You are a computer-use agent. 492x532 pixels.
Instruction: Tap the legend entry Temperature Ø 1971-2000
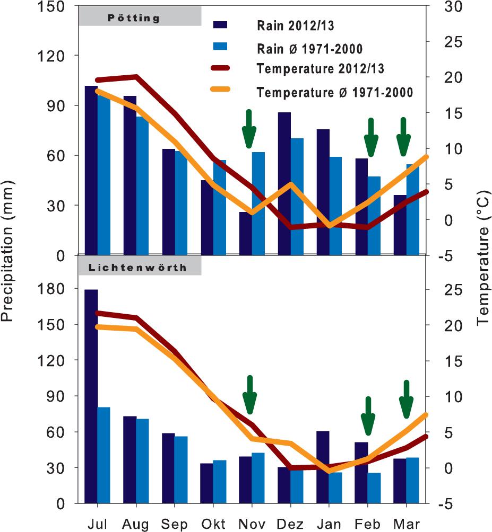point(334,92)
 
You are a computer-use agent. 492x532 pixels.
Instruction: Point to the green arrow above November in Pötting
point(248,129)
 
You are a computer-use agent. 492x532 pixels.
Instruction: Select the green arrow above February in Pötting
point(371,138)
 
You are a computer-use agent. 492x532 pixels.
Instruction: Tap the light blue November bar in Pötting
point(258,203)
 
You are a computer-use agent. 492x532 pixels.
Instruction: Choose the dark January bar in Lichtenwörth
point(322,467)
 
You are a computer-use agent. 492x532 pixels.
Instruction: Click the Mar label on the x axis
point(407,525)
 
